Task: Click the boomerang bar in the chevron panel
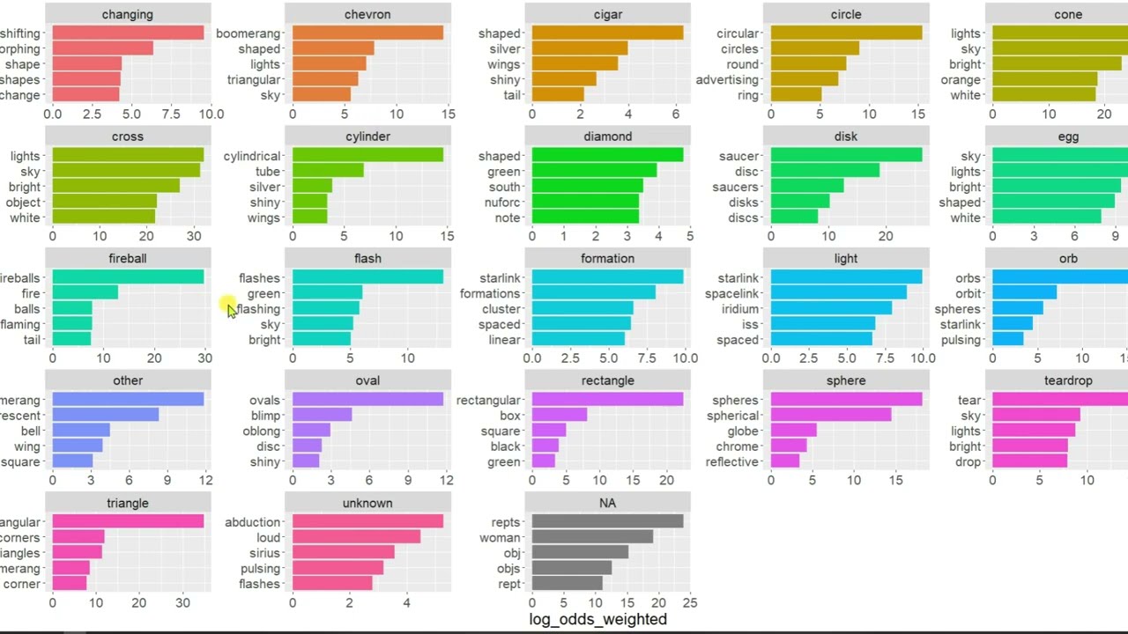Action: (367, 33)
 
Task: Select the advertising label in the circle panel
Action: (727, 80)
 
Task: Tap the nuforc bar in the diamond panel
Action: (585, 202)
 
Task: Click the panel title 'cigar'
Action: (607, 14)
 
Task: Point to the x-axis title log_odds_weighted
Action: (597, 619)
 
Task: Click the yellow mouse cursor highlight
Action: (227, 306)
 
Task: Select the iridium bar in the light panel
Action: (831, 309)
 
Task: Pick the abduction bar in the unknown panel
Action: (367, 522)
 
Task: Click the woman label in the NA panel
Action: (500, 538)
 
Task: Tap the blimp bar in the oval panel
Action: (322, 416)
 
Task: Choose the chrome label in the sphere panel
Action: (737, 446)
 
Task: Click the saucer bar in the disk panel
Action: (846, 156)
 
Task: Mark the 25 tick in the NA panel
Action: (689, 603)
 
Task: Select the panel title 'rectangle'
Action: (607, 380)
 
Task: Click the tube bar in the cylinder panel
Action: (328, 172)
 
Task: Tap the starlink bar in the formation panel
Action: (607, 278)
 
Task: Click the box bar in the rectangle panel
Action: (559, 416)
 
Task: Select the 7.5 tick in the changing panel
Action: (171, 114)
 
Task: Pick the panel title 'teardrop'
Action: (1067, 380)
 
